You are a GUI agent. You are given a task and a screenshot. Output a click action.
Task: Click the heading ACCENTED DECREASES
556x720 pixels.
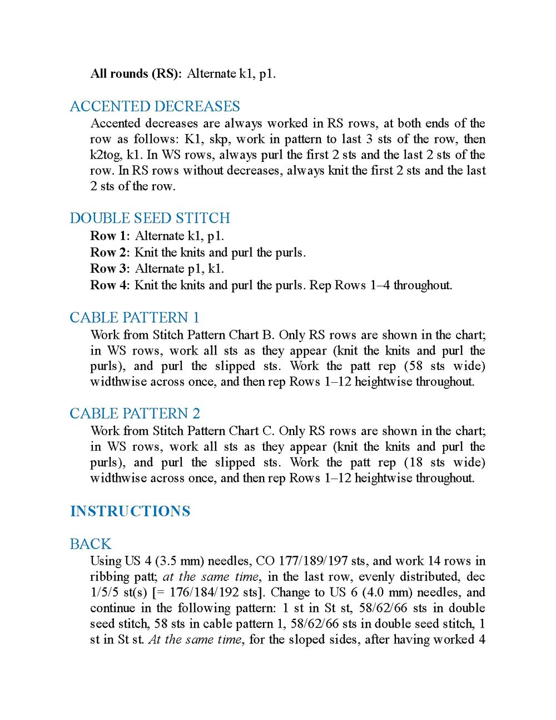[155, 106]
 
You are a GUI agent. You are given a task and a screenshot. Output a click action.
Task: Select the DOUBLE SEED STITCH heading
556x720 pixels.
[150, 218]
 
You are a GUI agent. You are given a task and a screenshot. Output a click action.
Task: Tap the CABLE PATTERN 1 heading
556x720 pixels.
[134, 318]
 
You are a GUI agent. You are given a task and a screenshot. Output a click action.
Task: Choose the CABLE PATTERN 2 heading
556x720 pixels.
[135, 414]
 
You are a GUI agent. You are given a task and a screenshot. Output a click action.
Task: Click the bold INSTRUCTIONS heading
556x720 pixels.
[130, 511]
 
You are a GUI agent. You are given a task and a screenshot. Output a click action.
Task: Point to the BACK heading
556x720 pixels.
[90, 544]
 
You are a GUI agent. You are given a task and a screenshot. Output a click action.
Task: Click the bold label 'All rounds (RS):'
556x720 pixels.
[136, 73]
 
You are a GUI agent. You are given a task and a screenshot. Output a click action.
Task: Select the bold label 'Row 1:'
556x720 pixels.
[110, 236]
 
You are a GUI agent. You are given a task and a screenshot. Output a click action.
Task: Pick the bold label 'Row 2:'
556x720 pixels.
[110, 253]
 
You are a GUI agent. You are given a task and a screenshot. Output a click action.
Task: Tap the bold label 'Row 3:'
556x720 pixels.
[110, 269]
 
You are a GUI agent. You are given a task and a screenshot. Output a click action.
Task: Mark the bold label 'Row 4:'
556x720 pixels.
[110, 285]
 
